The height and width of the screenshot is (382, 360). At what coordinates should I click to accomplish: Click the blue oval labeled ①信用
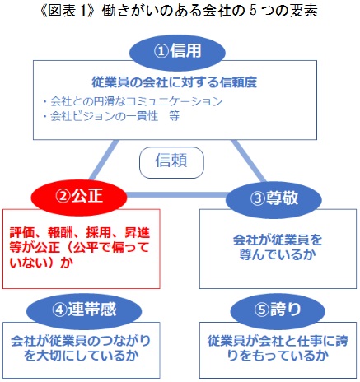pos(177,52)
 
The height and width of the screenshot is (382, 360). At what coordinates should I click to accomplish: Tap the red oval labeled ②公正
pos(79,197)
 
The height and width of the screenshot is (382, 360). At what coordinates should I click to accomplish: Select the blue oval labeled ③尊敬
pos(274,199)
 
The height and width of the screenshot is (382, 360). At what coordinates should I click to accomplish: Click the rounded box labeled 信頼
pos(171,162)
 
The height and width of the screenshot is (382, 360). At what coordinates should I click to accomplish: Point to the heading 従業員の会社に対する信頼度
pos(175,82)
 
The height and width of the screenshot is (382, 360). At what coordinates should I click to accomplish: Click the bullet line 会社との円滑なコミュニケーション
pos(133,101)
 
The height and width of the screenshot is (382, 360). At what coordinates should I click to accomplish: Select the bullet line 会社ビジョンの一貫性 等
pos(111,116)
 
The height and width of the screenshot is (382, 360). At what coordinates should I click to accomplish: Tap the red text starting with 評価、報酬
pos(80,248)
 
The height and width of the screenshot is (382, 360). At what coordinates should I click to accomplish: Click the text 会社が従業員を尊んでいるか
pos(278,248)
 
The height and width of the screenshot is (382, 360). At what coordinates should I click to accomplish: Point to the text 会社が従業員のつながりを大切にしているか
pos(81,348)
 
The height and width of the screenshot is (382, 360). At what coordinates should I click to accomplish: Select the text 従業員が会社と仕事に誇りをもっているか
pos(278,348)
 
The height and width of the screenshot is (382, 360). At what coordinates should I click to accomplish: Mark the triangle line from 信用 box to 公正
pos(104,161)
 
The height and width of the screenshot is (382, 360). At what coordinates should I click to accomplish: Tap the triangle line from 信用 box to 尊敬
pos(249,161)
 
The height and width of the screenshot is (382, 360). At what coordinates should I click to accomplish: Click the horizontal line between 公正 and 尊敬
pos(176,195)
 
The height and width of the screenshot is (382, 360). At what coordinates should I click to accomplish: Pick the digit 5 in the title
pos(253,12)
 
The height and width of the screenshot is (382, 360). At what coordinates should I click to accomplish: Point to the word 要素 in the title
pos(304,12)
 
